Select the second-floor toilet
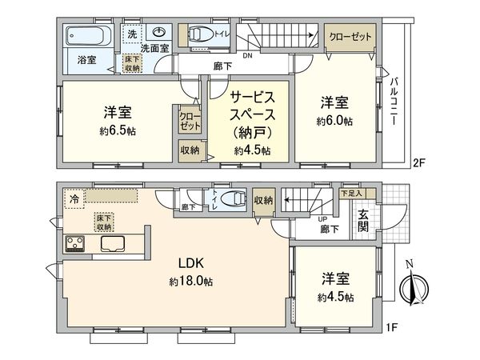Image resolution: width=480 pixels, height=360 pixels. tap(196, 34)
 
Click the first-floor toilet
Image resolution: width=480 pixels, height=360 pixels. tap(233, 199)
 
